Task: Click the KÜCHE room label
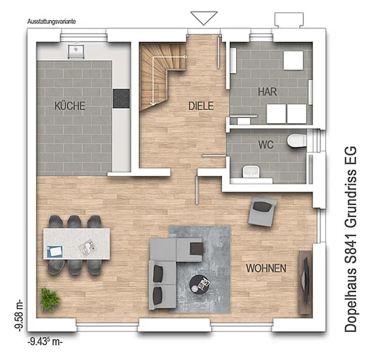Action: (x=70, y=106)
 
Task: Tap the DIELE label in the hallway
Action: (x=201, y=106)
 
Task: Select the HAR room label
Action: (x=267, y=92)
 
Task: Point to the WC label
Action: (x=265, y=145)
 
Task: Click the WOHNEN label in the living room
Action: (x=266, y=268)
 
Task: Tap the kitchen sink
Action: (x=76, y=51)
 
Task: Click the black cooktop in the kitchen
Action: (x=121, y=98)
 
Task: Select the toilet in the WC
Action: (x=297, y=141)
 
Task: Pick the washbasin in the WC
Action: (x=251, y=172)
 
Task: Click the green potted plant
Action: (x=50, y=300)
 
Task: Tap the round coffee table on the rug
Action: (x=200, y=284)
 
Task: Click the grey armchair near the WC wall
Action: (x=262, y=211)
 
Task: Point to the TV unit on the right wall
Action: (x=305, y=282)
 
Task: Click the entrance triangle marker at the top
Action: (x=204, y=17)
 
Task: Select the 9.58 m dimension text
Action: (x=19, y=315)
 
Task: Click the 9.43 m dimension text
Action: (x=45, y=342)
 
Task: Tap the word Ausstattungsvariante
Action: (x=52, y=21)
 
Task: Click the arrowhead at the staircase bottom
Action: (x=153, y=104)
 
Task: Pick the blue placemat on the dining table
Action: (x=55, y=251)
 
